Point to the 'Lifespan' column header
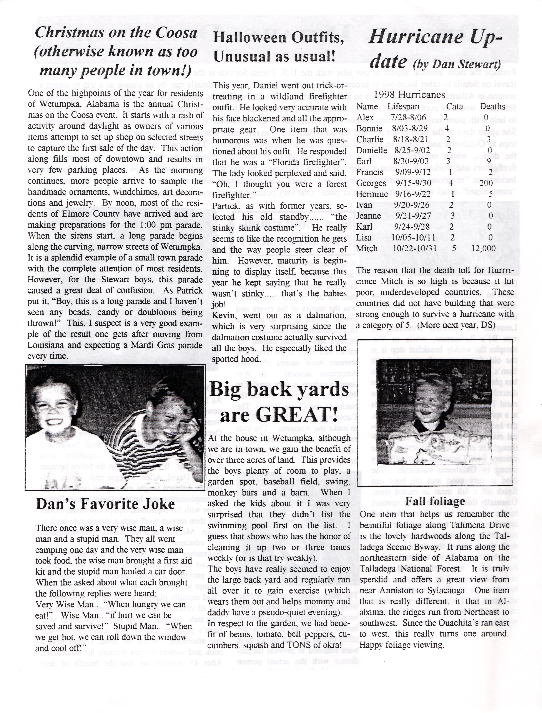click(x=403, y=106)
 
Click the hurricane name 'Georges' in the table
click(x=371, y=183)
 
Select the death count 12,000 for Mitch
click(x=483, y=248)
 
